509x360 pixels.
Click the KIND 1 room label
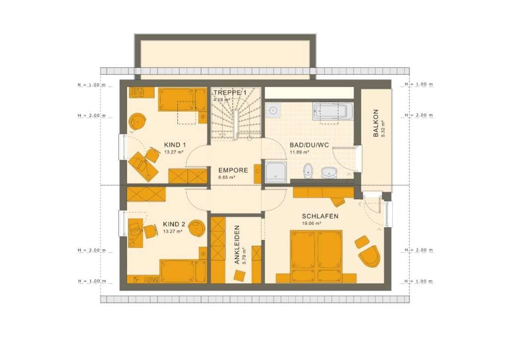point(175,145)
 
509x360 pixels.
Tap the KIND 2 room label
point(174,224)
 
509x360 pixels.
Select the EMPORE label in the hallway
point(233,171)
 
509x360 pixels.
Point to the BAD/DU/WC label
point(309,145)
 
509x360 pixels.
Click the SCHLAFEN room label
point(320,216)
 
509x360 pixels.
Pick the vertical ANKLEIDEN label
point(237,245)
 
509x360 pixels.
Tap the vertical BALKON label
point(376,123)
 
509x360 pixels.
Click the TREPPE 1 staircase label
point(230,93)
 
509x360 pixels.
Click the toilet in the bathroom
point(308,171)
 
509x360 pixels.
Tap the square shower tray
point(276,172)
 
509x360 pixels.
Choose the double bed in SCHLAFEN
point(316,256)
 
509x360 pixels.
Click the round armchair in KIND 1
point(138,121)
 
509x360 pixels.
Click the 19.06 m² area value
point(312,223)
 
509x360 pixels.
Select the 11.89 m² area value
point(299,152)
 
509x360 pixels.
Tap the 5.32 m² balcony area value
point(383,129)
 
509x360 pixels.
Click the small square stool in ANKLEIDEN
point(240,276)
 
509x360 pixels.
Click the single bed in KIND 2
point(183,271)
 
